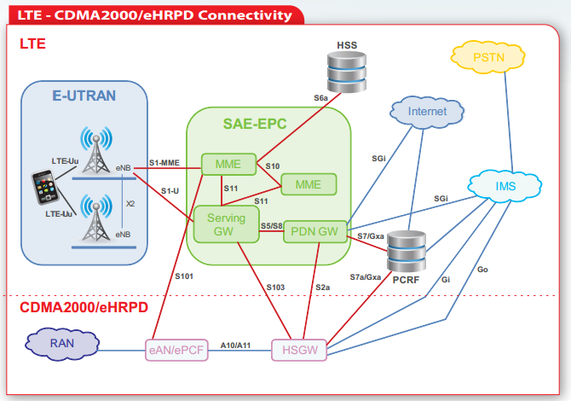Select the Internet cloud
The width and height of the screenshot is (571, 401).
[x=426, y=112]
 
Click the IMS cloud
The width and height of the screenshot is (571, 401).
[x=505, y=183]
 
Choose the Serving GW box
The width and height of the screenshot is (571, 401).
[x=226, y=225]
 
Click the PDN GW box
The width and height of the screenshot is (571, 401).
[x=315, y=230]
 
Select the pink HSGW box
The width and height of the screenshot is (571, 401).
[x=298, y=349]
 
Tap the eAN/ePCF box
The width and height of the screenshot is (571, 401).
[x=176, y=349]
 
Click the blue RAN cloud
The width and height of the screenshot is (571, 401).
[x=62, y=345]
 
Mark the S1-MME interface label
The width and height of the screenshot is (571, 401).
[x=164, y=161]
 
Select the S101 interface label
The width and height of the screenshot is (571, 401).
[x=184, y=276]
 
